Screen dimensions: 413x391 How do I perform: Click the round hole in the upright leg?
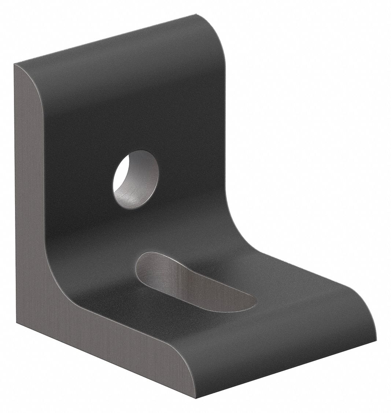click(136, 180)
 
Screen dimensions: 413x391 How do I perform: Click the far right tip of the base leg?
click(376, 340)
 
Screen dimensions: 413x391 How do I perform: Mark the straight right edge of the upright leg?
click(223, 128)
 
